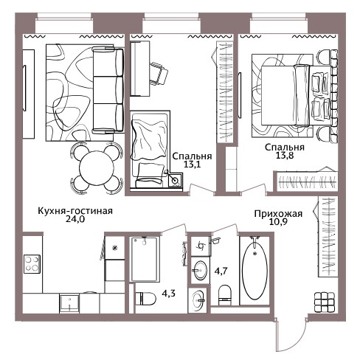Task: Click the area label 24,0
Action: point(75,219)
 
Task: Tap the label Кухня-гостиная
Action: point(75,211)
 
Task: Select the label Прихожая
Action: point(278,214)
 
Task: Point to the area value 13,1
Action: point(192,164)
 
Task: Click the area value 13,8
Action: point(285,155)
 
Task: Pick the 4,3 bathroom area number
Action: point(168,294)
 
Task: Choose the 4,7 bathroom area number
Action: point(221,271)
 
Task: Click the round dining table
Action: point(97,167)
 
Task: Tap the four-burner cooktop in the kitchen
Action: point(32,263)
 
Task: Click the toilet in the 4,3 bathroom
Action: point(145,299)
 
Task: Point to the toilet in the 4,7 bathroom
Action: point(225,294)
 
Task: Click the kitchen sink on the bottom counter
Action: point(69,304)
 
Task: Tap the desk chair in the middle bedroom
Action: point(159,73)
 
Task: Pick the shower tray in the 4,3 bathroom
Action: point(144,259)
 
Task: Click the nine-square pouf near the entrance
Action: point(325,302)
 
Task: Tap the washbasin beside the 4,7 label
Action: point(201,271)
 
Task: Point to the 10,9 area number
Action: point(278,222)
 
